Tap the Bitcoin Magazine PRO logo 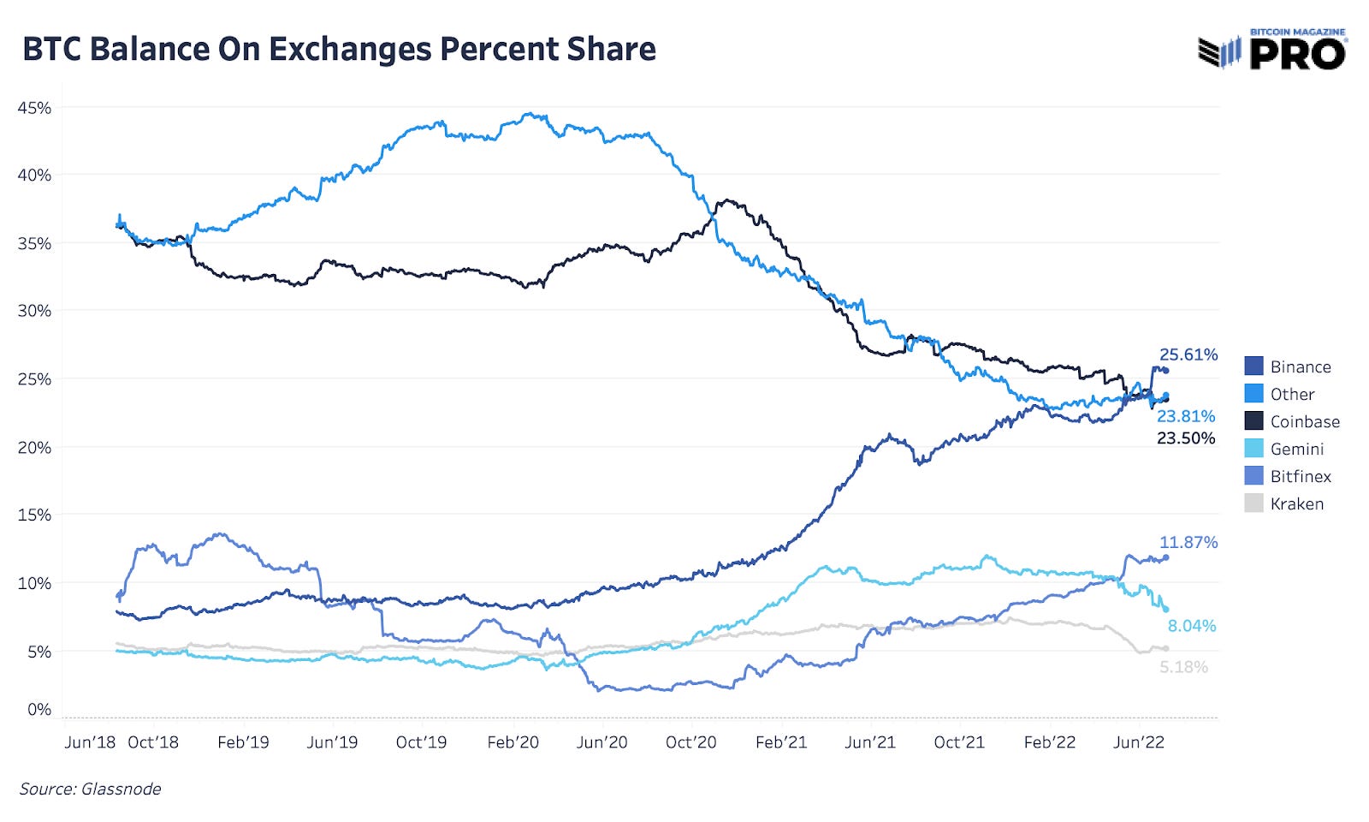click(1272, 51)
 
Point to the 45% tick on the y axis click(34, 108)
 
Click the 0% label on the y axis click(39, 709)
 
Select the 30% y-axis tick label click(34, 311)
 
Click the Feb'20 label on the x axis click(513, 742)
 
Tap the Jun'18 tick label click(90, 742)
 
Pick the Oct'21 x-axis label click(959, 742)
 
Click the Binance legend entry click(1300, 366)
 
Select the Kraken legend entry click(1296, 503)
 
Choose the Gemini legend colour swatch click(1253, 449)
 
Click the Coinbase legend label click(1304, 421)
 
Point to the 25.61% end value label click(1188, 354)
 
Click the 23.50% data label click(1185, 438)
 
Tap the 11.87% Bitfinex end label click(1188, 542)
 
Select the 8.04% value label click(1191, 626)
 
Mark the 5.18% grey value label click(1183, 667)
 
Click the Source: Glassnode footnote click(90, 789)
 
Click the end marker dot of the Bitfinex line click(1165, 557)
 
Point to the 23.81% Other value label click(1185, 416)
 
